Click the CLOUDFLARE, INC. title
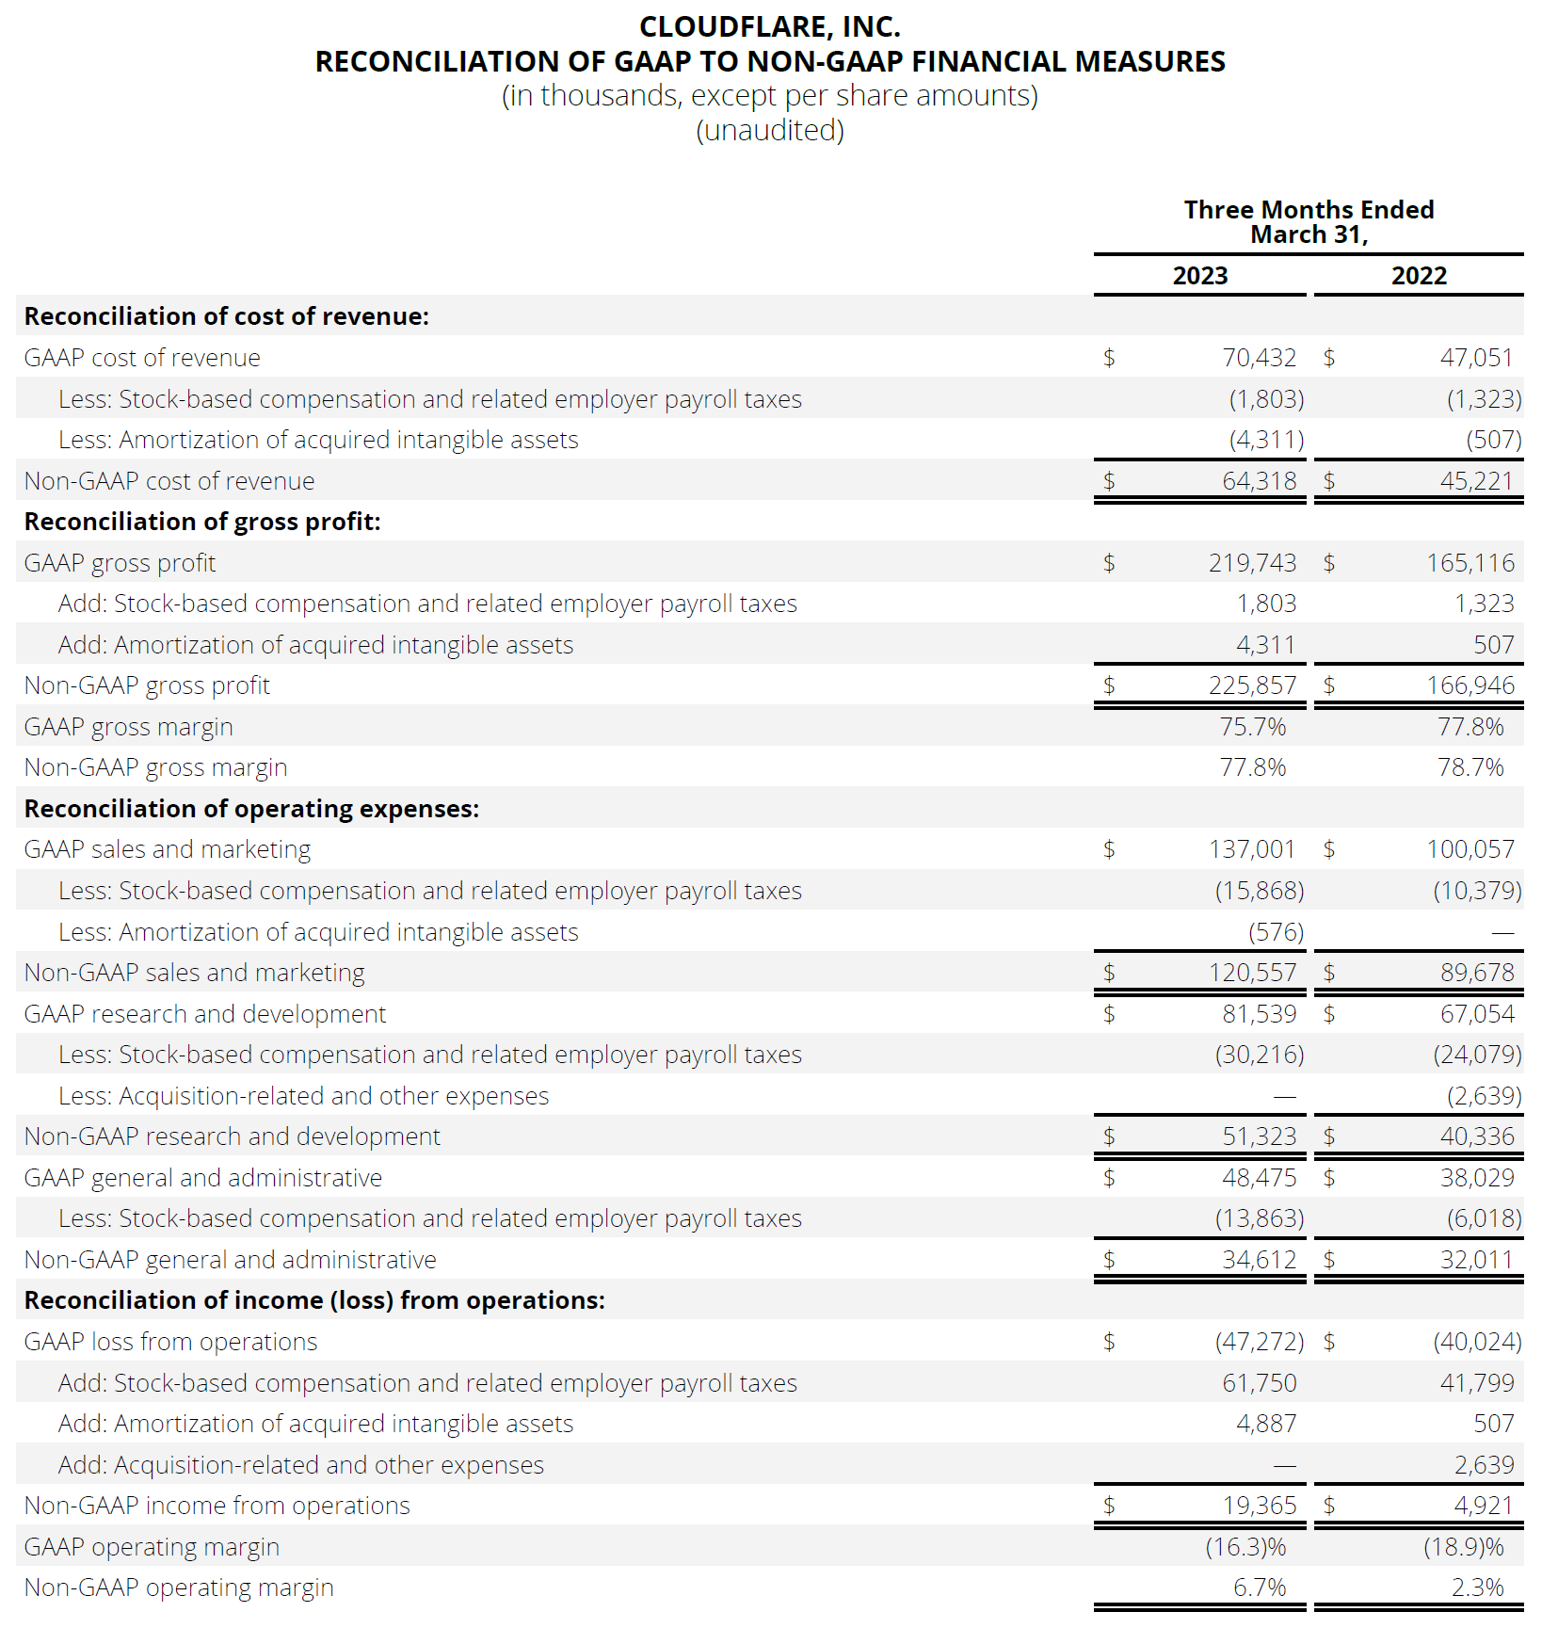click(769, 26)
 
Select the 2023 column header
click(1199, 276)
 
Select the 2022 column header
click(1419, 276)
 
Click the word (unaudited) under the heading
click(769, 130)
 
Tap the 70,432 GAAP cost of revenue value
click(1259, 358)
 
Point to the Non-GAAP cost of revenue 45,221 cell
click(1476, 481)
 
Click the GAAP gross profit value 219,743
click(1252, 563)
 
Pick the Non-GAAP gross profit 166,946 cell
click(1470, 685)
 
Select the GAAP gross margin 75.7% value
click(1252, 727)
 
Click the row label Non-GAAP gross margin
click(155, 767)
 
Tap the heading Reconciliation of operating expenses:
click(251, 809)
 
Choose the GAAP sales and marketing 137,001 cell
click(1252, 849)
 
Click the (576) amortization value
click(1276, 932)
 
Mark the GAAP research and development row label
click(205, 1014)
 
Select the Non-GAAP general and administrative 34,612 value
click(1259, 1260)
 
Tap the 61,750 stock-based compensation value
click(1259, 1383)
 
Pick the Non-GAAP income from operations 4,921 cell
click(1483, 1506)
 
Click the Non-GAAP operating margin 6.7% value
click(1259, 1588)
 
